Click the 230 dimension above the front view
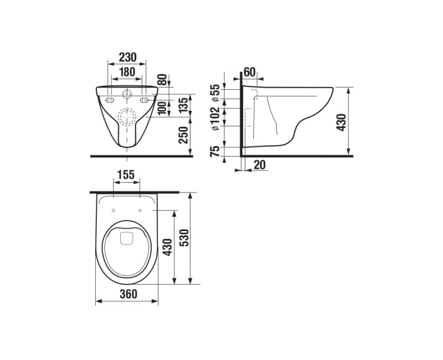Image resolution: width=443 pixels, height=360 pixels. pyautogui.click(x=128, y=57)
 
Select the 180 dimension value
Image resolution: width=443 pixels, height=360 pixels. pyautogui.click(x=128, y=71)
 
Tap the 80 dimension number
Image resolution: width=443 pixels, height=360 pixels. pyautogui.click(x=162, y=80)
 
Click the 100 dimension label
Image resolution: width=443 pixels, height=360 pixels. pyautogui.click(x=162, y=106)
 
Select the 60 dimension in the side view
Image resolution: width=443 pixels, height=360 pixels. pyautogui.click(x=249, y=71)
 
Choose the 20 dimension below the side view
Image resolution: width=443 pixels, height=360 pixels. pyautogui.click(x=260, y=164)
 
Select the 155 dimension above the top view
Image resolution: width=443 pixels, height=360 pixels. pyautogui.click(x=126, y=174)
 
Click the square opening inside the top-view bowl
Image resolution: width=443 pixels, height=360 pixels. pyautogui.click(x=127, y=239)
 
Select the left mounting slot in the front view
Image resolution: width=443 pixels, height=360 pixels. pyautogui.click(x=110, y=100)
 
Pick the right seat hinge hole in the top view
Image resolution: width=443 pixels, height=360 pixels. pyautogui.click(x=140, y=210)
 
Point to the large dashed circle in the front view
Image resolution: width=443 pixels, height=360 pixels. pyautogui.click(x=127, y=117)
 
